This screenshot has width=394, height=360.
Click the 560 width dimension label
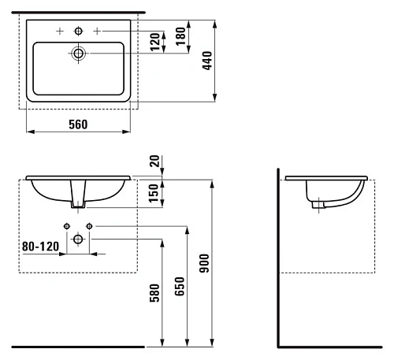pyautogui.click(x=78, y=124)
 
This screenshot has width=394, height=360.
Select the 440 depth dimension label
pyautogui.click(x=207, y=61)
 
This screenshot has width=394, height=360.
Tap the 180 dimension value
pyautogui.click(x=180, y=36)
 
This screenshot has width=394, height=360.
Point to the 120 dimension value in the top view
pyautogui.click(x=155, y=42)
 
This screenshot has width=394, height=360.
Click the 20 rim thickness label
pyautogui.click(x=154, y=161)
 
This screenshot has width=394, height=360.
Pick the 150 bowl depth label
pyautogui.click(x=154, y=193)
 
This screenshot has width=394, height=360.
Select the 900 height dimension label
pyautogui.click(x=204, y=263)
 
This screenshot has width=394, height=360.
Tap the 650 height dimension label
pyautogui.click(x=180, y=287)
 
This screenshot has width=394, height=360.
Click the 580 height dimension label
pyautogui.click(x=154, y=293)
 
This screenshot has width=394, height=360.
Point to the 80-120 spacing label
pyautogui.click(x=40, y=247)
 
